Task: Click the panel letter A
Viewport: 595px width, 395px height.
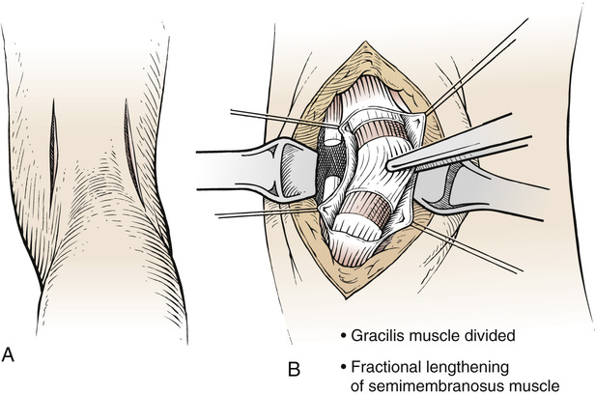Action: (x=9, y=354)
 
